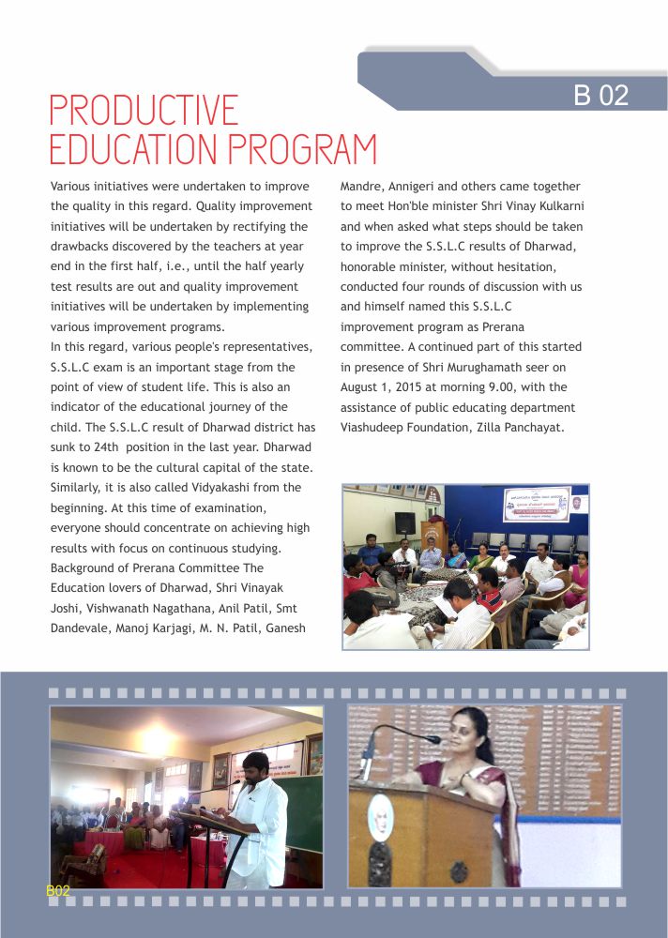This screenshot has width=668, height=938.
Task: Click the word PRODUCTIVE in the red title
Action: tap(144, 111)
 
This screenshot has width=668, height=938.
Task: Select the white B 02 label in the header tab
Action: tap(600, 95)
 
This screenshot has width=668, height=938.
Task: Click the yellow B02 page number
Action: tap(58, 891)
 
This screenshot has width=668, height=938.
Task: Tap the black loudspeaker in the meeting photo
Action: tap(404, 522)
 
